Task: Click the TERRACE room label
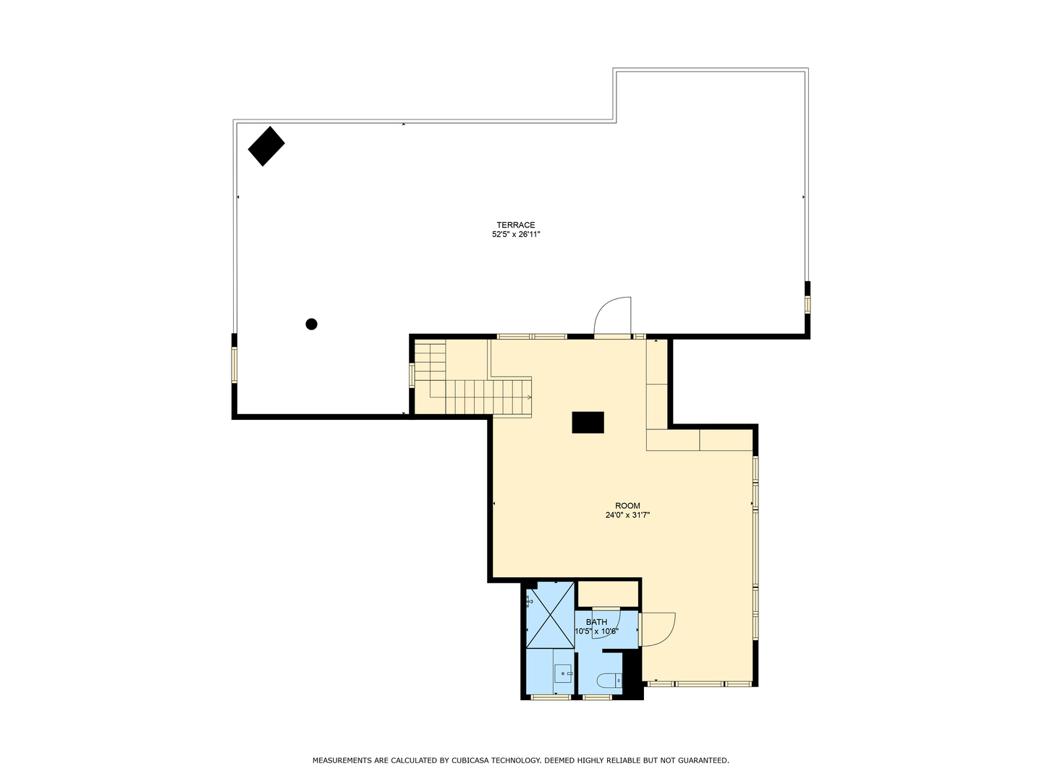pos(515,225)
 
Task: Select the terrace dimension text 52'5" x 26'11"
pos(515,235)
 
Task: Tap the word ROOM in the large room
pos(627,506)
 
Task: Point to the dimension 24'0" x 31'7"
pos(627,516)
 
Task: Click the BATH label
pos(596,622)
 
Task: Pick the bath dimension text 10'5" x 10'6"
pos(596,631)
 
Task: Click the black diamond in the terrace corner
pos(266,146)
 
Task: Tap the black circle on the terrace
pos(312,324)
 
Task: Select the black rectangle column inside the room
pos(588,422)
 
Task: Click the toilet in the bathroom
pos(609,681)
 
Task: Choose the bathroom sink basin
pos(562,673)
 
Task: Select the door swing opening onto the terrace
pos(614,317)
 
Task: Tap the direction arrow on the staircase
pos(530,398)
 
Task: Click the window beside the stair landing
pos(412,375)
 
